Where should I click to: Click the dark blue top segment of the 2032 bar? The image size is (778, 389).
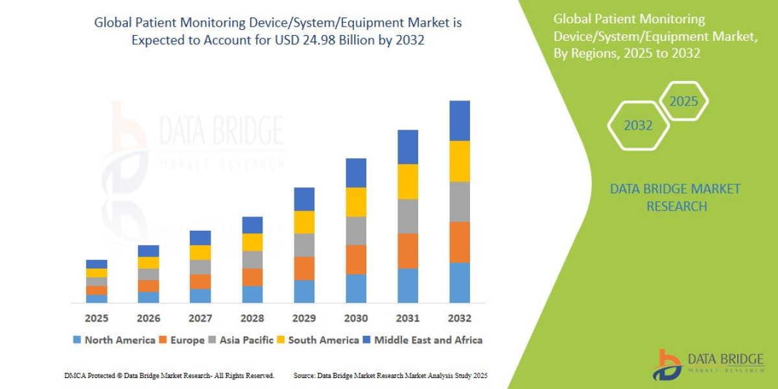click(x=459, y=121)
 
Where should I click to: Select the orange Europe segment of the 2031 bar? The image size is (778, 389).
click(x=407, y=251)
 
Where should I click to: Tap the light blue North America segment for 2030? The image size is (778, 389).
click(x=355, y=289)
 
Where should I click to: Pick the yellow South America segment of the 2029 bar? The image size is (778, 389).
click(x=303, y=222)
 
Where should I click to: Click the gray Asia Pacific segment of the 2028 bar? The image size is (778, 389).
click(x=252, y=259)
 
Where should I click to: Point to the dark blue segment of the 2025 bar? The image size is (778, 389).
click(x=97, y=264)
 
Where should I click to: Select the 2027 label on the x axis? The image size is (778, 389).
click(x=200, y=318)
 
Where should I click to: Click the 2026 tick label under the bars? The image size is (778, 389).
click(x=148, y=318)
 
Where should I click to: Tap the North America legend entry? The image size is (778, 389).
click(x=113, y=340)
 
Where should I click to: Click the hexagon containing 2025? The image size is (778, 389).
click(x=683, y=101)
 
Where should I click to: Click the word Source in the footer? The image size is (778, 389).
click(x=305, y=375)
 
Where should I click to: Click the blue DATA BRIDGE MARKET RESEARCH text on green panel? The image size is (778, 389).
click(x=675, y=198)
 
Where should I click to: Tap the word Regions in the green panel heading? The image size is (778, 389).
click(x=595, y=53)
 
